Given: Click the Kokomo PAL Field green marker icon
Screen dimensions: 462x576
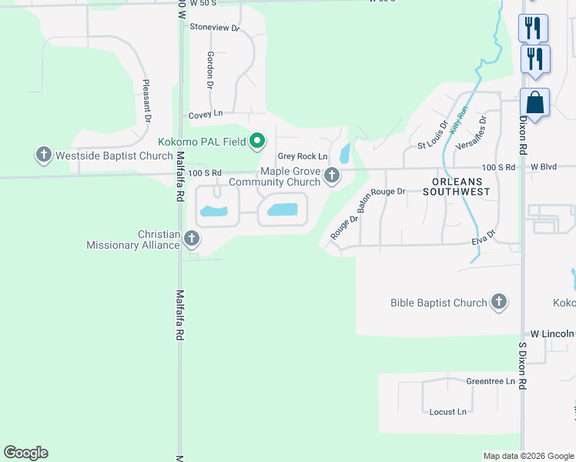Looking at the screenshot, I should pos(258,141).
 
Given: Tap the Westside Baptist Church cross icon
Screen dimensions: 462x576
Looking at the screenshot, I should pos(43,156).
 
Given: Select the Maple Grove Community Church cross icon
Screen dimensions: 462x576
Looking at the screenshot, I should pos(332,176).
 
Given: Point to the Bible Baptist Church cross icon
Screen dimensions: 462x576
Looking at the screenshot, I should pos(499,303).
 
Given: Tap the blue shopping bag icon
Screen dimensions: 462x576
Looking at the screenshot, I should pos(534,103).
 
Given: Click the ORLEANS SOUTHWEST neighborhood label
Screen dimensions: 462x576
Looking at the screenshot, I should pos(456,186).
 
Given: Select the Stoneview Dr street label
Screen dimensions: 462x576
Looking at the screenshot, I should pos(215,28).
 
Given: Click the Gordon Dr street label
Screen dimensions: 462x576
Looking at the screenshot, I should pos(209,69).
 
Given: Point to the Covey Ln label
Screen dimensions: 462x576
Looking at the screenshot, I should pos(206,114).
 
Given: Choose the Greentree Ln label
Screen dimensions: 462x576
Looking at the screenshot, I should pos(491,382).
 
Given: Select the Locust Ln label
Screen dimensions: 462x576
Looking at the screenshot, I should pos(447,412).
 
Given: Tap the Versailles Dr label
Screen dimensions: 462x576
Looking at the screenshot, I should pos(472,132).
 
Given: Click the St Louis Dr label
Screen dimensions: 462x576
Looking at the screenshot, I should pos(433,135).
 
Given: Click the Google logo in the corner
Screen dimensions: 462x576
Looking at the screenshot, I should pos(25,453).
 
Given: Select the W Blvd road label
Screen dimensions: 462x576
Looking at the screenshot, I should pos(544,166).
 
